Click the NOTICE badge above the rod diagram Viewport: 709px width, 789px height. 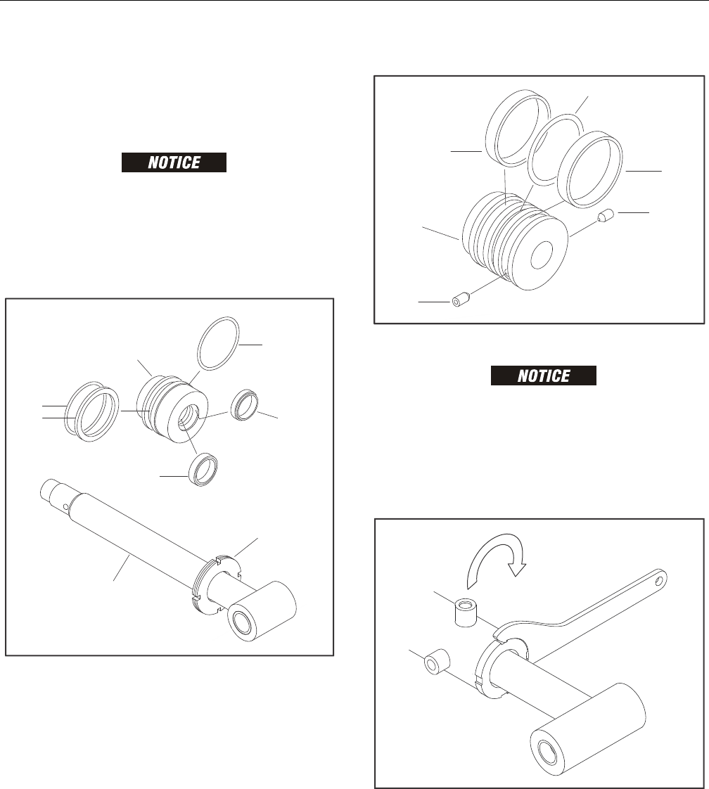(x=174, y=162)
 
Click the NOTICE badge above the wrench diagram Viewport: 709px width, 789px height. (x=544, y=376)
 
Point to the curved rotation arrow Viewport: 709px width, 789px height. (x=496, y=560)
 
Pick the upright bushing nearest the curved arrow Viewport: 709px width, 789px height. (x=466, y=612)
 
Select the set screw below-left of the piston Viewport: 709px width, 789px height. (x=461, y=300)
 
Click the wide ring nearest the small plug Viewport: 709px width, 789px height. (x=590, y=169)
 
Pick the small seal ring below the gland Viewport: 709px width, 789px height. (x=203, y=470)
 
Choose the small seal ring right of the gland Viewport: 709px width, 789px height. (x=245, y=405)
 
